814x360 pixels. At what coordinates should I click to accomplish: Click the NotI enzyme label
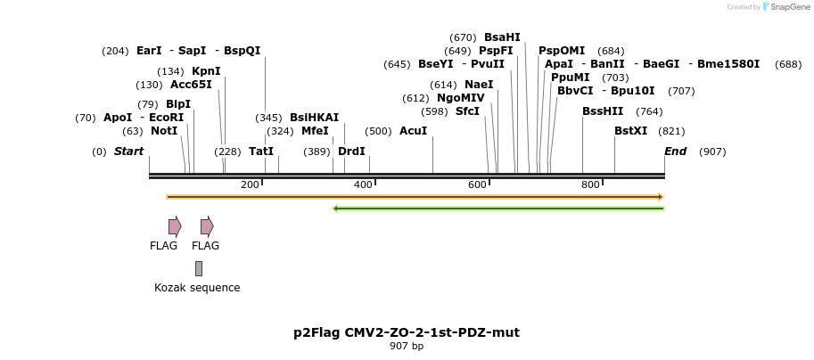pos(164,131)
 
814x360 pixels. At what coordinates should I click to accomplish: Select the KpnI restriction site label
pos(206,71)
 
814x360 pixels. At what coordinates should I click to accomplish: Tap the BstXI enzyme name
pos(631,131)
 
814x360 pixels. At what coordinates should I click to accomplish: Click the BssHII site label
pos(603,111)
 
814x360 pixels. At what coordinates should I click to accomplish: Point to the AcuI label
pos(413,131)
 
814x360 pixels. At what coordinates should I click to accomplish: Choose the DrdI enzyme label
pos(351,151)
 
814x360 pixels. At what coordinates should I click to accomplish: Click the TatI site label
pos(261,151)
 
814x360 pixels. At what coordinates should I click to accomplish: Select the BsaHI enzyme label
pos(502,37)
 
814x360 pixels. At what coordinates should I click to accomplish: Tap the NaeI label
pos(479,85)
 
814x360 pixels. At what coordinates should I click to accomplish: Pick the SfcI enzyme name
pos(467,111)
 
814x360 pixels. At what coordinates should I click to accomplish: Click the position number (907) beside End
pos(712,151)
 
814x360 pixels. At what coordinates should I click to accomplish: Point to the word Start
pos(128,151)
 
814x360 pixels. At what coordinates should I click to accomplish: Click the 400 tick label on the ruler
pos(363,184)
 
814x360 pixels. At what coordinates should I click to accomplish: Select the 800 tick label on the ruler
pos(590,184)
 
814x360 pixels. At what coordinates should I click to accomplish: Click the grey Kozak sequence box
pos(199,268)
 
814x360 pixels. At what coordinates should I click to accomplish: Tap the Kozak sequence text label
pos(197,288)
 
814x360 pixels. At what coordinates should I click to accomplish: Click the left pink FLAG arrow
pos(175,226)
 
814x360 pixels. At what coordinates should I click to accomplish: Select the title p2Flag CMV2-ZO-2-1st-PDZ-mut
pos(407,332)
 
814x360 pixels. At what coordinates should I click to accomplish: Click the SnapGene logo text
pos(785,7)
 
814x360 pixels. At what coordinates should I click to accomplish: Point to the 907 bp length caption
pos(407,346)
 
